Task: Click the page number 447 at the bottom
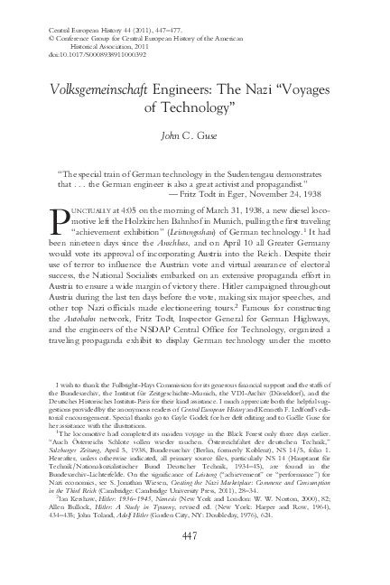195,557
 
